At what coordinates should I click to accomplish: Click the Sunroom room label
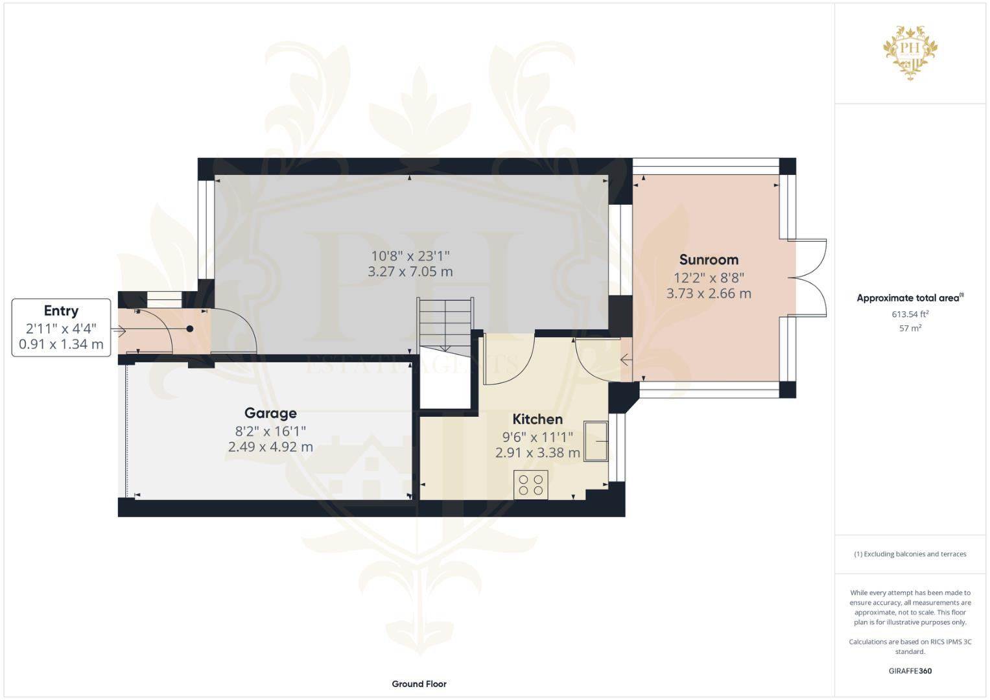[x=709, y=259]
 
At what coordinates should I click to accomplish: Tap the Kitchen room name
[x=537, y=419]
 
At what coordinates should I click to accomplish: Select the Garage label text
[x=270, y=413]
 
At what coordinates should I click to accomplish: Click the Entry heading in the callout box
[x=61, y=310]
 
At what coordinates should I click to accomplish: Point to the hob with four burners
[x=530, y=485]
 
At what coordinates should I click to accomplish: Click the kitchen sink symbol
[x=596, y=441]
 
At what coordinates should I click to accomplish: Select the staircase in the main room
[x=445, y=325]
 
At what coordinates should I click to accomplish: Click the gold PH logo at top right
[x=910, y=52]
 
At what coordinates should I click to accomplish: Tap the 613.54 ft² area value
[x=910, y=314]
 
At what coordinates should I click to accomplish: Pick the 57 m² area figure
[x=910, y=329]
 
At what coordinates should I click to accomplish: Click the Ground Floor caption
[x=419, y=684]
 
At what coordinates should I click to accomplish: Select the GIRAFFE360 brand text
[x=910, y=671]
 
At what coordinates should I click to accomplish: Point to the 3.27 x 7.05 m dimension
[x=410, y=272]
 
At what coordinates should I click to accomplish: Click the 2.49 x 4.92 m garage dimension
[x=270, y=447]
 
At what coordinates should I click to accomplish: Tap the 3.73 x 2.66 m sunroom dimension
[x=709, y=294]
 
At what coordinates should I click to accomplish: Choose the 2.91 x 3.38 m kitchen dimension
[x=537, y=452]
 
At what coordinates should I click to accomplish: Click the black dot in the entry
[x=189, y=329]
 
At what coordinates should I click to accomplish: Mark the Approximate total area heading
[x=910, y=298]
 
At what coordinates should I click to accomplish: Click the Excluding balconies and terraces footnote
[x=910, y=554]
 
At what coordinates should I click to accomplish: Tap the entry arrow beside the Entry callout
[x=119, y=330]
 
